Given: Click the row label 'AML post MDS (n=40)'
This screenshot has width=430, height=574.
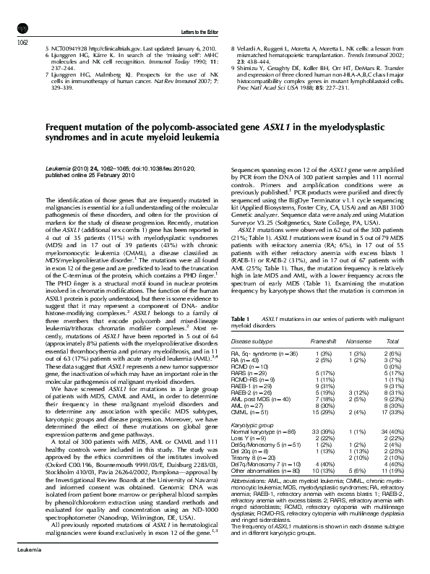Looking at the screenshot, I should point(261,419).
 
